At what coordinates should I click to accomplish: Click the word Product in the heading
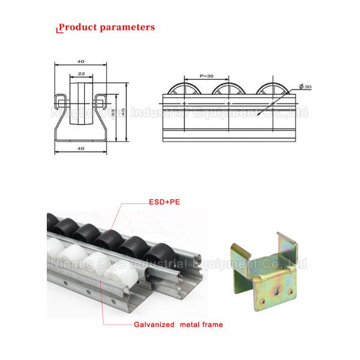point(77,27)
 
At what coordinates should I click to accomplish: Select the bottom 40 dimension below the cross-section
point(80,148)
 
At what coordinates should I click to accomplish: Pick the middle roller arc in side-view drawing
point(230,88)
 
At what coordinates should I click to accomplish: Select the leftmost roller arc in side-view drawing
point(185,88)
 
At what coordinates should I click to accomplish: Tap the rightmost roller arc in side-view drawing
point(274,88)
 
